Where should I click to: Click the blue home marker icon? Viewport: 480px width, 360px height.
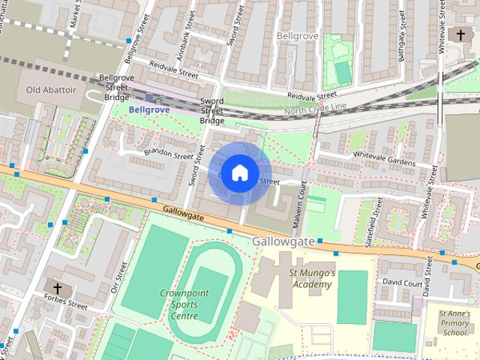coord(239,172)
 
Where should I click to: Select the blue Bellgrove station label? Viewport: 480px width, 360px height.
coord(149,109)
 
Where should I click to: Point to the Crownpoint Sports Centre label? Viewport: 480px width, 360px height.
coord(178,304)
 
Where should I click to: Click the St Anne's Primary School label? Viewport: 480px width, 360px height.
coord(454,322)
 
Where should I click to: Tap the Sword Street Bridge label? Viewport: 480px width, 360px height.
coord(212,110)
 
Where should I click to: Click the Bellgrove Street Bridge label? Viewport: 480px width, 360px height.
coord(117,87)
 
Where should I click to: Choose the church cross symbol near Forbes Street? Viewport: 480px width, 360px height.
coord(57,287)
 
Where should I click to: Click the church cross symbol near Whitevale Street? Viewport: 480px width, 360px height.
coord(460,35)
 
